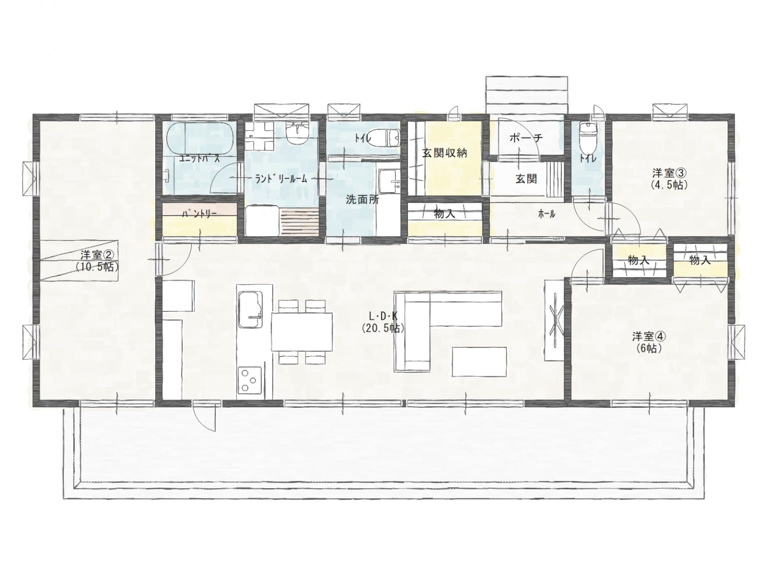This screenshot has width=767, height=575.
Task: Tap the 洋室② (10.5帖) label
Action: point(97,260)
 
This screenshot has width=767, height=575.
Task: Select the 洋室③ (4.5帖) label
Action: point(670,178)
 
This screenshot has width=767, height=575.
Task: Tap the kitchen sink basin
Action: point(250,309)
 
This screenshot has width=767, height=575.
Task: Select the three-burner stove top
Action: point(248,380)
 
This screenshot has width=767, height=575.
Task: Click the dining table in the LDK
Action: point(302,331)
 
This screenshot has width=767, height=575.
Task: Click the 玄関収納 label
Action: point(444,153)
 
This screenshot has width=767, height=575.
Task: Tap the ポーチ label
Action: point(526,138)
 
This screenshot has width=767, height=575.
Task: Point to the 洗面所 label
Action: point(363,200)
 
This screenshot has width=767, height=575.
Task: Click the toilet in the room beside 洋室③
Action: point(588,132)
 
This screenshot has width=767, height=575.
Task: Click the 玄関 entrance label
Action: point(526,178)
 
